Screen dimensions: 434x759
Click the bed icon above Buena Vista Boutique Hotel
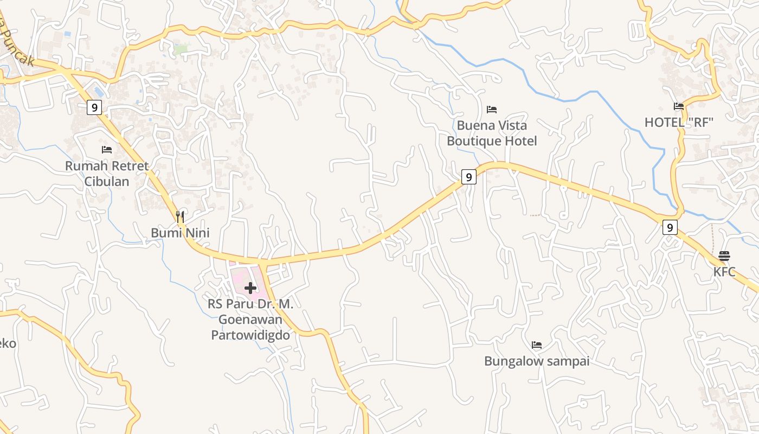492,110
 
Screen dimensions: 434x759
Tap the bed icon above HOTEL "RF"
678,106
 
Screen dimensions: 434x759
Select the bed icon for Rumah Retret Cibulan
107,149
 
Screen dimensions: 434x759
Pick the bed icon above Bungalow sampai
537,345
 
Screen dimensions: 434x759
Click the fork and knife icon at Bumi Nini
180,217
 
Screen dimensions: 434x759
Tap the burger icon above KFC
724,256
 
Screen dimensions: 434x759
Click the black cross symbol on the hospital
250,288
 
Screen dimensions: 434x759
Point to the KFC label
724,272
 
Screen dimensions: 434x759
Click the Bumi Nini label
180,233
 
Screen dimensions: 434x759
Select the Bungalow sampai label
537,361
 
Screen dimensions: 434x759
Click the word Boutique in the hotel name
473,141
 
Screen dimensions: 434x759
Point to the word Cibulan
107,181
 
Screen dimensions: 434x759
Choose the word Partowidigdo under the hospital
250,335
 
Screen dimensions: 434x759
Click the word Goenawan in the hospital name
250,320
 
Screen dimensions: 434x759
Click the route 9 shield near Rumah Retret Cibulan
94,107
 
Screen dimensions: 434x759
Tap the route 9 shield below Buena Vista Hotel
469,177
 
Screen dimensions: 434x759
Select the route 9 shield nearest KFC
670,227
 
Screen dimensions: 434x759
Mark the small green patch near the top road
181,49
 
